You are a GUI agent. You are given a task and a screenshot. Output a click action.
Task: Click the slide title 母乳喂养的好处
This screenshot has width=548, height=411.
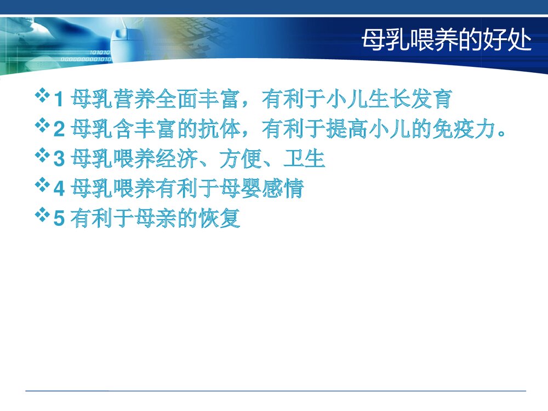(x=447, y=41)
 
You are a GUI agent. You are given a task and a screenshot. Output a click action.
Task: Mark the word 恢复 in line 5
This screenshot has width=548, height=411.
(x=222, y=219)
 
